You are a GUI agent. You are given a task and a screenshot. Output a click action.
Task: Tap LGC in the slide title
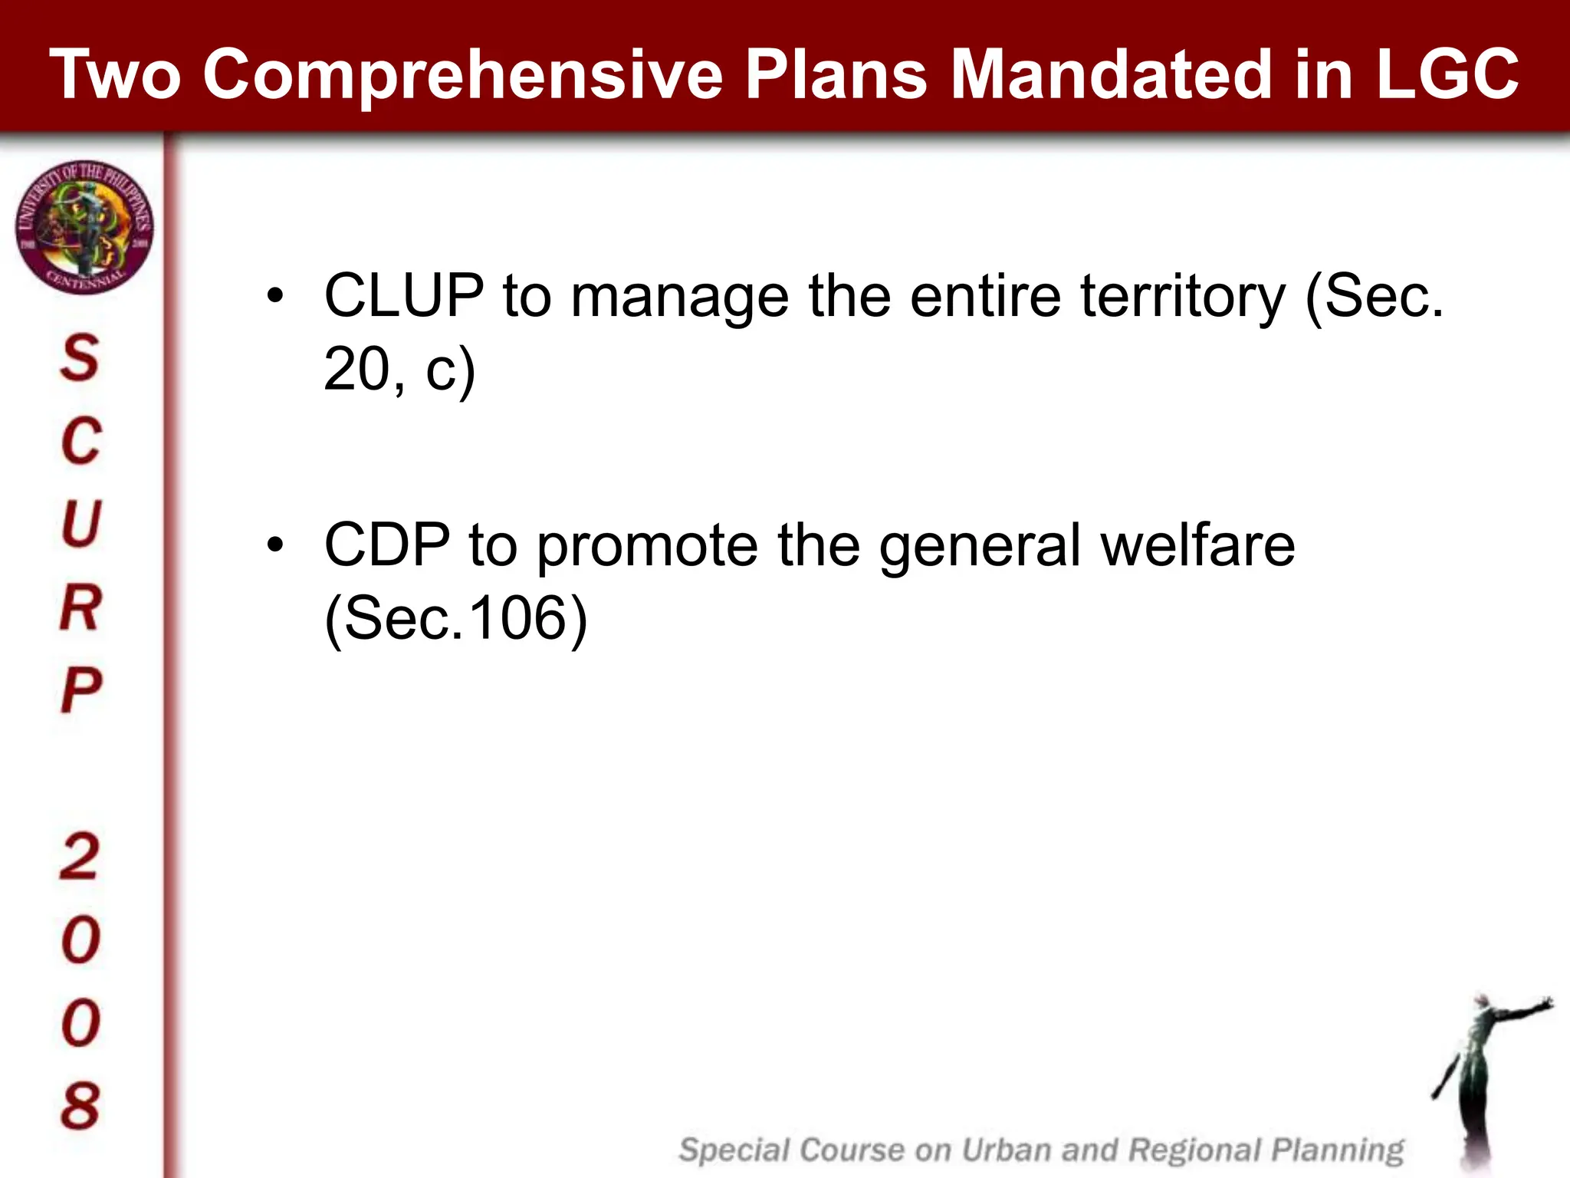1447,74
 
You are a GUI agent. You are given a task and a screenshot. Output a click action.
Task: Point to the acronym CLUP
404,296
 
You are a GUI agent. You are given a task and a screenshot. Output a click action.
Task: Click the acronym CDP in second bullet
387,545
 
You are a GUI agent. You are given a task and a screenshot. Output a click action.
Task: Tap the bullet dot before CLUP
275,296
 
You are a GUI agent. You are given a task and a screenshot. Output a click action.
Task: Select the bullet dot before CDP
275,545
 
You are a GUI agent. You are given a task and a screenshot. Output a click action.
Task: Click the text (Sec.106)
455,618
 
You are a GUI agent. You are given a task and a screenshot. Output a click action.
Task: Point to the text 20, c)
399,370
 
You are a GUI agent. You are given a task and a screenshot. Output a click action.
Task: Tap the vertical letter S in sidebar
80,358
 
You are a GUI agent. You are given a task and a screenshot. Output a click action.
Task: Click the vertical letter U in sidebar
80,524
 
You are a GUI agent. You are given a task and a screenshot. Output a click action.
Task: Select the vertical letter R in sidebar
80,607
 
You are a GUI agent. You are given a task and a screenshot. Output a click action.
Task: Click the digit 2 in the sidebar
79,857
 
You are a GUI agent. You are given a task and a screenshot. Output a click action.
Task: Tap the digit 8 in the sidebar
80,1106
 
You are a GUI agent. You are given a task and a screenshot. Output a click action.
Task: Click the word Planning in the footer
1338,1150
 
